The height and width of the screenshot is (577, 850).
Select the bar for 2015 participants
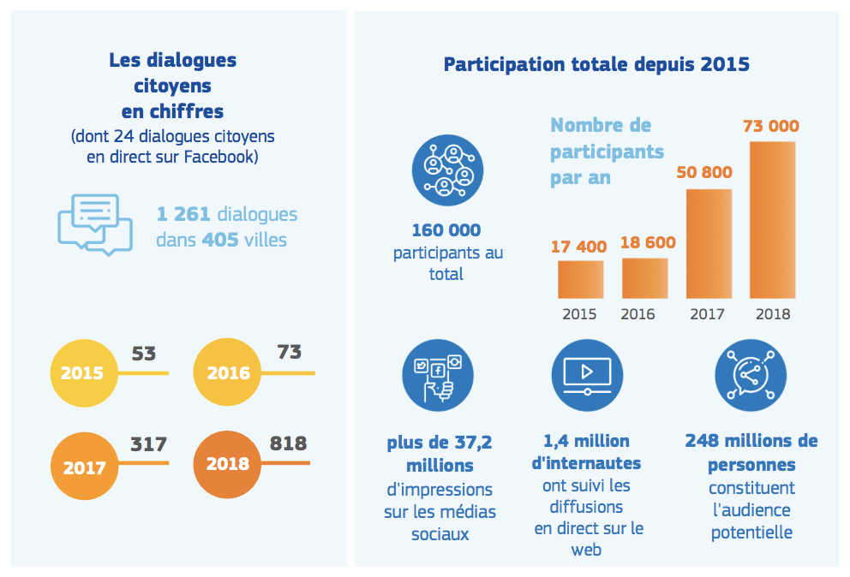[580, 279]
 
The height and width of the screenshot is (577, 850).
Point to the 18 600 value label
[644, 242]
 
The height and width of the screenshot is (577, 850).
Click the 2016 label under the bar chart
[637, 314]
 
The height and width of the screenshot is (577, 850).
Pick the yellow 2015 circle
[82, 373]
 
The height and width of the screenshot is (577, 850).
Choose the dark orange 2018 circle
[227, 463]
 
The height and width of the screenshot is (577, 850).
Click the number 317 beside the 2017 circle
[148, 444]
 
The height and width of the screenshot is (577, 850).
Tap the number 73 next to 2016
[290, 352]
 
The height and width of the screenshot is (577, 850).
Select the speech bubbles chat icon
[94, 224]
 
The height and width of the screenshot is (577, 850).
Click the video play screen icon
[587, 375]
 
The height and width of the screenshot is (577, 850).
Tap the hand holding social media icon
[437, 375]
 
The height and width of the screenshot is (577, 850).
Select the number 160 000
[446, 230]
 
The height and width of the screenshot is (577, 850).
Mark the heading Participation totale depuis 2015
[596, 64]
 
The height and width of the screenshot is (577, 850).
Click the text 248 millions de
[751, 441]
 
